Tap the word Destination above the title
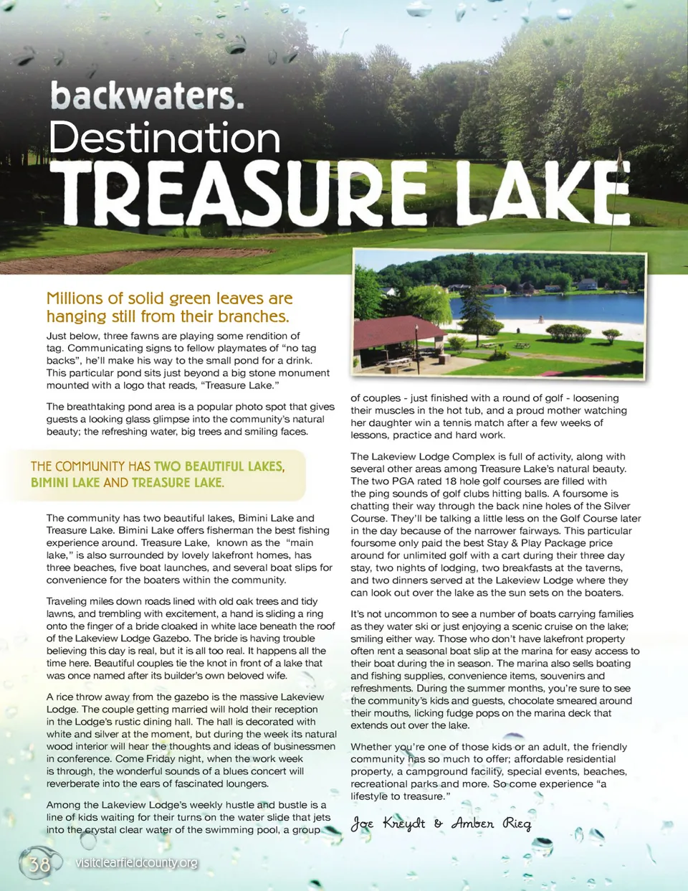point(164,137)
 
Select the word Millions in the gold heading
point(75,298)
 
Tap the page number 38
point(39,864)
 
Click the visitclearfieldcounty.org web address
point(136,862)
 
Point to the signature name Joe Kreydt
point(388,823)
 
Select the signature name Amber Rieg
point(492,823)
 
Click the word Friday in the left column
point(164,759)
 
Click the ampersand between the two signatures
point(438,824)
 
